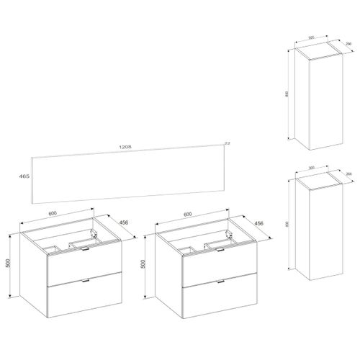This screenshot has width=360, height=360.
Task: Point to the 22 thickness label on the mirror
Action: click(229, 143)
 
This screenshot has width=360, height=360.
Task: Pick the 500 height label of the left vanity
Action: click(7, 264)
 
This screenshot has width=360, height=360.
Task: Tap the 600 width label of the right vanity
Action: click(187, 214)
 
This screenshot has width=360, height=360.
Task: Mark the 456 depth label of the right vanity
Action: click(260, 224)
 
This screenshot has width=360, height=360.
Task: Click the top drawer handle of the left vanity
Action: click(86, 248)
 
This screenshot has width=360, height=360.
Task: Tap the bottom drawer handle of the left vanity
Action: click(86, 279)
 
